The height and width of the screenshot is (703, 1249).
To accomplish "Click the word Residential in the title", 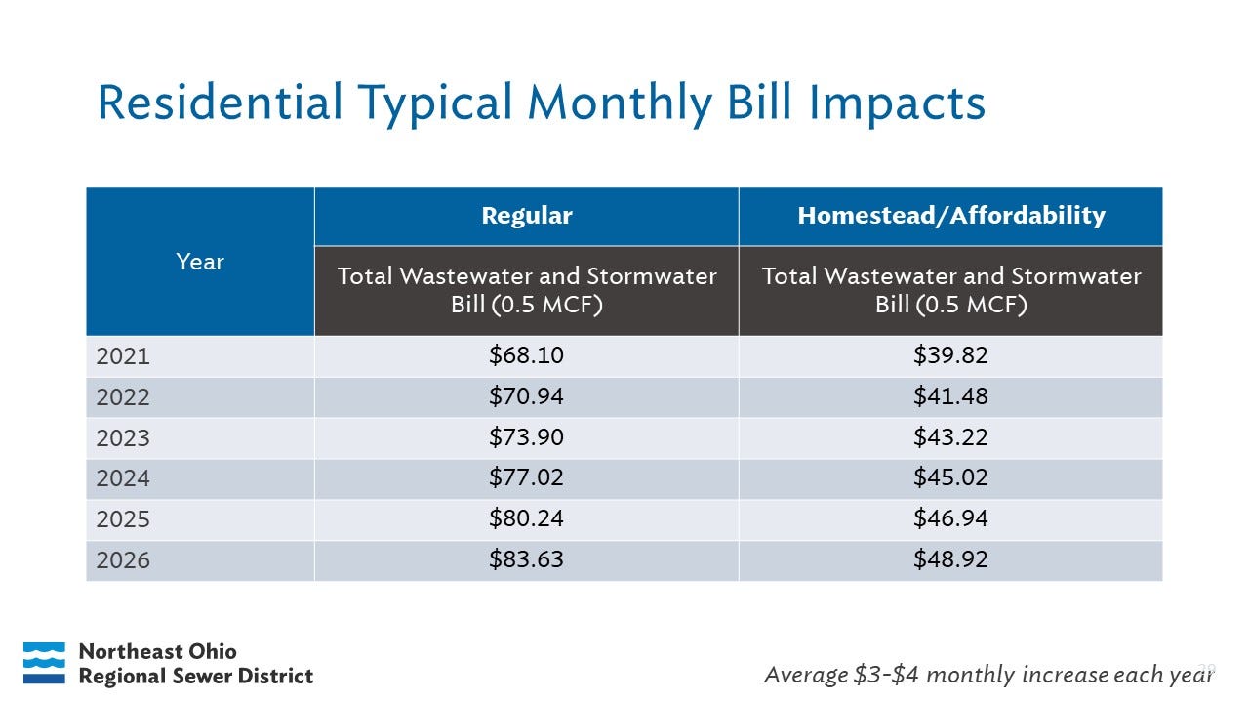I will (x=220, y=103).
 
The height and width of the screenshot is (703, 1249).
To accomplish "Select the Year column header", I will (x=200, y=262).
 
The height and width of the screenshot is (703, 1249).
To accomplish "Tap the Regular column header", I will (x=526, y=216).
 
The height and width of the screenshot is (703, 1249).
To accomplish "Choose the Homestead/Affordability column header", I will (x=950, y=216).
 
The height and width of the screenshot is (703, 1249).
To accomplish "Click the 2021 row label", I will (x=123, y=356).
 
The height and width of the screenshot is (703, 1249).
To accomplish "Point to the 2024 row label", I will (x=123, y=478).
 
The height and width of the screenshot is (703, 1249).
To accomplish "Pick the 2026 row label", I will (x=123, y=560).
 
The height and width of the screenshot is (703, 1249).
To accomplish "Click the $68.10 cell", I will (x=526, y=355).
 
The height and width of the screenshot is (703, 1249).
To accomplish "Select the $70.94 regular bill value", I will (x=526, y=396).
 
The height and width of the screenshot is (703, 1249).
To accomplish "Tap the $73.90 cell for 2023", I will (x=526, y=437).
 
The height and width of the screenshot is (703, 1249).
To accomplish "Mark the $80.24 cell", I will (x=526, y=518).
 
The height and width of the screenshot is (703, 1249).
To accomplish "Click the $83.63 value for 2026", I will (x=526, y=559).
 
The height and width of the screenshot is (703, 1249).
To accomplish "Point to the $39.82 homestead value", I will (x=950, y=355).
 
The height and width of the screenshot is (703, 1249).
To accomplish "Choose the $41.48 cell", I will (x=950, y=396).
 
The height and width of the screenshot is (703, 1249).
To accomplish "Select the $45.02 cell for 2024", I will (x=950, y=478).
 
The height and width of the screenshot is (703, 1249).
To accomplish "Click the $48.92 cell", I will (x=950, y=559).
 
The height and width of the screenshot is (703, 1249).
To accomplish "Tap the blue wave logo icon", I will (x=44, y=663).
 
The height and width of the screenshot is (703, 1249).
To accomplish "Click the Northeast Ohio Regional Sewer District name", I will (x=195, y=664).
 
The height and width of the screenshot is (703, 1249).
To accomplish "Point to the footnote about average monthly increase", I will (x=987, y=674).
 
